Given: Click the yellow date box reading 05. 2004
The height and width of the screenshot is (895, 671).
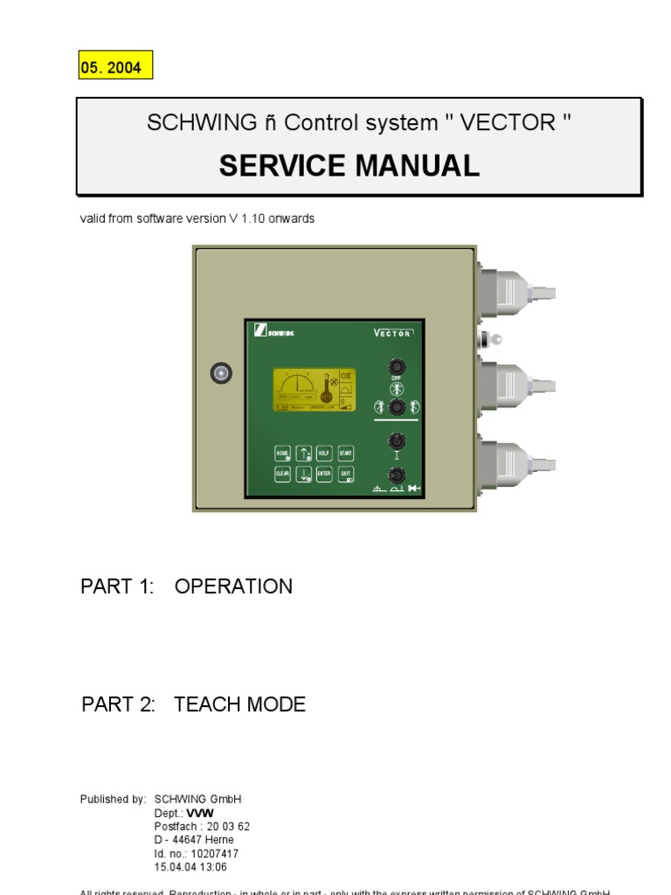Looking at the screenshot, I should [116, 67].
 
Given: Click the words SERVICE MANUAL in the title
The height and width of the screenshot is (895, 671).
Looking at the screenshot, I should [349, 165].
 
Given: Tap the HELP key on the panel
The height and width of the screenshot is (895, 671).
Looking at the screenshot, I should [323, 454].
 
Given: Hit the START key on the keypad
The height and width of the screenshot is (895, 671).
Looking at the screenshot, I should [345, 454].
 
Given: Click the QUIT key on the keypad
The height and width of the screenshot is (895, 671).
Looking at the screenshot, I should [345, 475].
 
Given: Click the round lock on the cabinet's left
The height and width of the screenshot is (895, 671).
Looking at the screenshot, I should [222, 373].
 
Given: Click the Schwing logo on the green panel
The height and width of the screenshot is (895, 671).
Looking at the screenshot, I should [274, 332].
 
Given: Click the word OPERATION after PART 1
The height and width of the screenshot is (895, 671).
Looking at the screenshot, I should [233, 586].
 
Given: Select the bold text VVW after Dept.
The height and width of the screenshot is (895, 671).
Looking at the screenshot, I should [200, 814].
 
